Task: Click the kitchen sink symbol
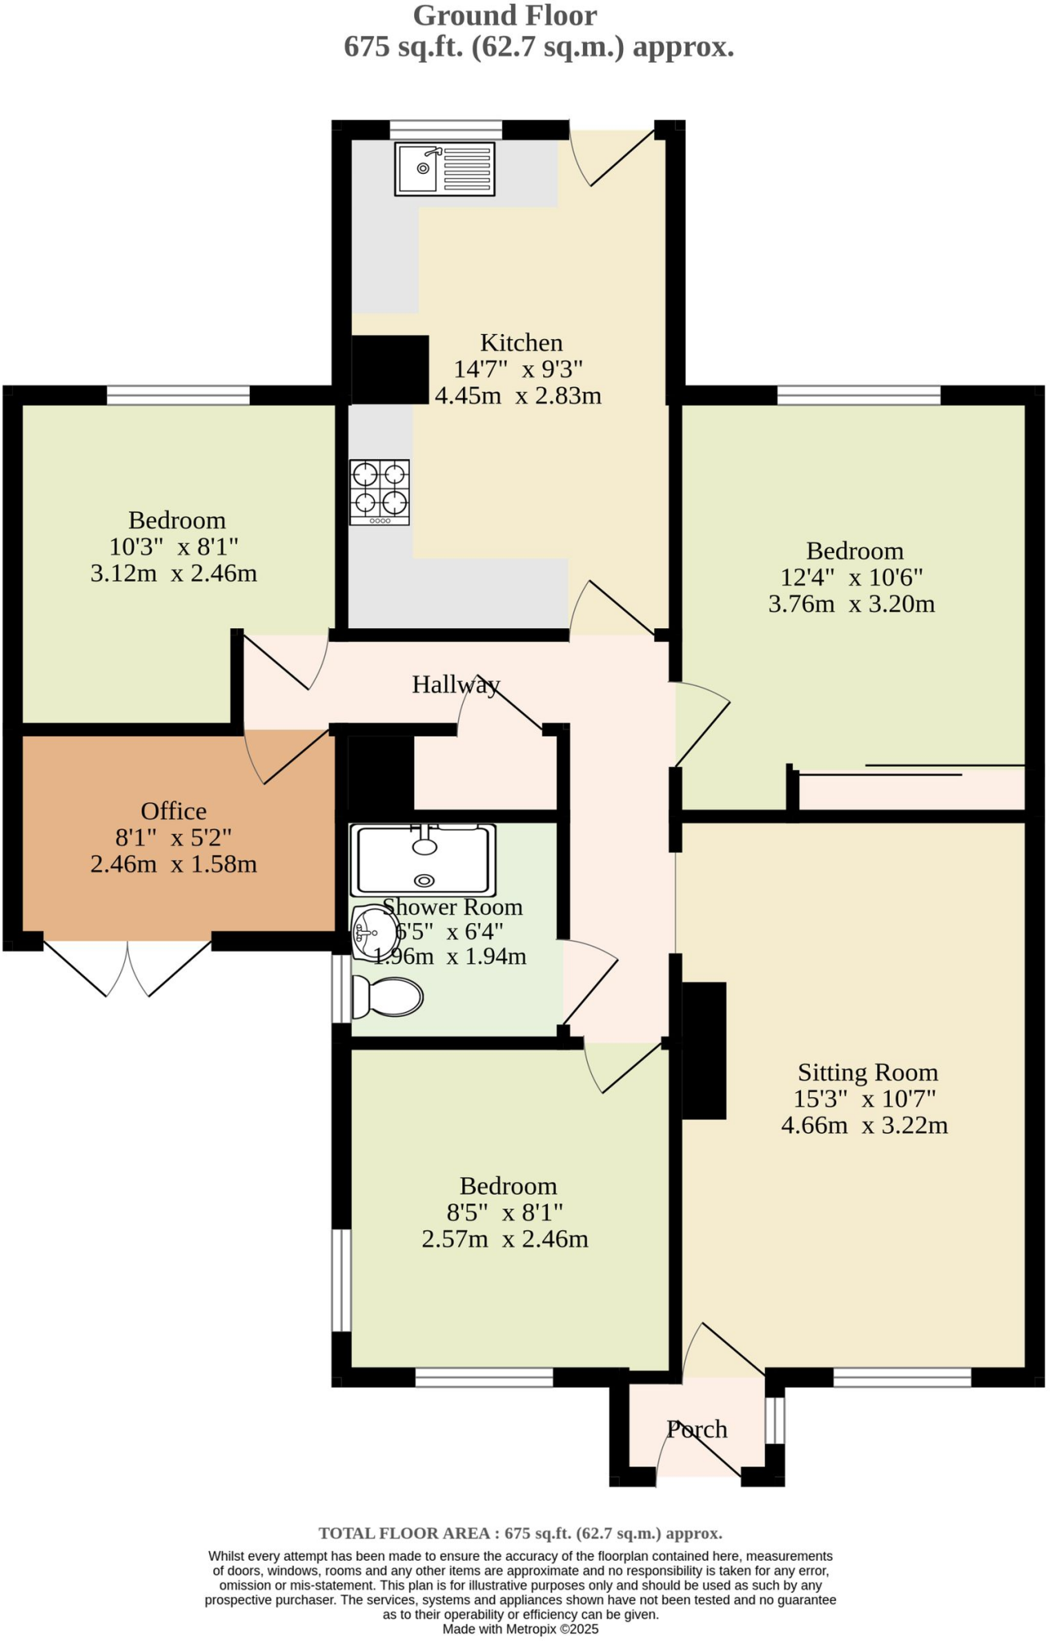coord(445,169)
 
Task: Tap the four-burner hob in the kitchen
coord(380,492)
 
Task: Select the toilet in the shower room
coord(388,997)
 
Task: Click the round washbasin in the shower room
coord(373,933)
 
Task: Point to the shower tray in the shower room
coord(423,860)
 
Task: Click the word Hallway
coord(456,684)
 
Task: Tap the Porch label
coord(697,1429)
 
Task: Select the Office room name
coord(174,811)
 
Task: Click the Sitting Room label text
coord(867,1072)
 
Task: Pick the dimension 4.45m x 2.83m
coord(518,396)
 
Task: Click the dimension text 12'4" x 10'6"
coord(852,577)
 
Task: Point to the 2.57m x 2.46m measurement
coord(505,1239)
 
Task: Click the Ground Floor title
coord(505,15)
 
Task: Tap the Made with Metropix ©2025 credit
coord(521,1629)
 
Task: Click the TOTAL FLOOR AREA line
coord(521,1533)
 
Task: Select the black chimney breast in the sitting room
coord(703,1050)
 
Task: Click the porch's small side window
coord(774,1421)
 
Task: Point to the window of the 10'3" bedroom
coord(178,394)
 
